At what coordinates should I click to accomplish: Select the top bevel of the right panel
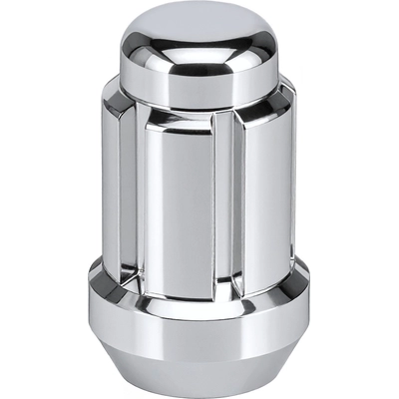(x=261, y=112)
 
